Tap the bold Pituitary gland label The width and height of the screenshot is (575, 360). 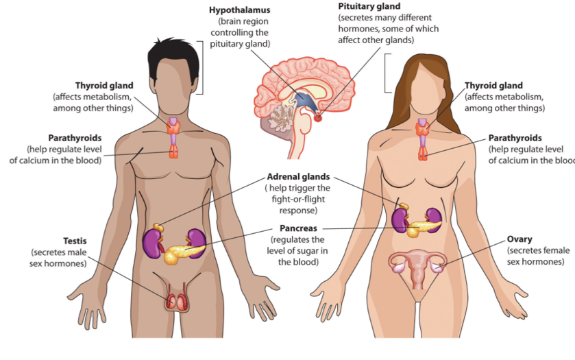tap(369, 6)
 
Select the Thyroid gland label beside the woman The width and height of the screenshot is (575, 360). tap(493, 86)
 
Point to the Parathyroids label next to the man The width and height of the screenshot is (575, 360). tap(75, 138)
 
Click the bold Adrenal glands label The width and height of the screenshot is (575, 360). tap(298, 176)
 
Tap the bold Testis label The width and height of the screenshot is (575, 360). tap(74, 241)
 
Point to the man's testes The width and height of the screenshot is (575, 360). tap(176, 300)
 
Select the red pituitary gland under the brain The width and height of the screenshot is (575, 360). tap(318, 118)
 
